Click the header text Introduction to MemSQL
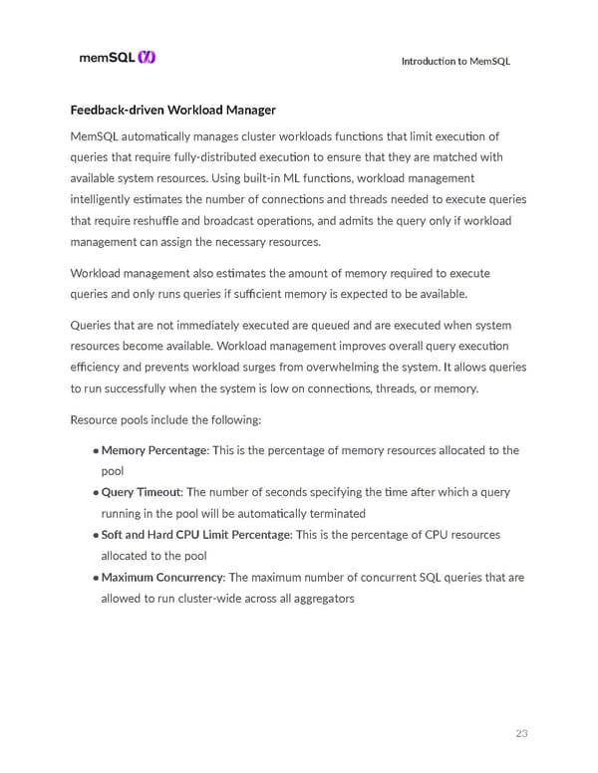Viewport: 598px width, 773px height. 455,61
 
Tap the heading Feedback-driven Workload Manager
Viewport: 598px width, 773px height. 172,109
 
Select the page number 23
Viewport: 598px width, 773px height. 521,734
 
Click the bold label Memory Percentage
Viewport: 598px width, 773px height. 155,450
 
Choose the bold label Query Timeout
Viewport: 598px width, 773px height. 142,492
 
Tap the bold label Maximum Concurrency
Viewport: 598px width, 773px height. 162,577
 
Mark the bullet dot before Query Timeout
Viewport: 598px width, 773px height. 96,493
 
